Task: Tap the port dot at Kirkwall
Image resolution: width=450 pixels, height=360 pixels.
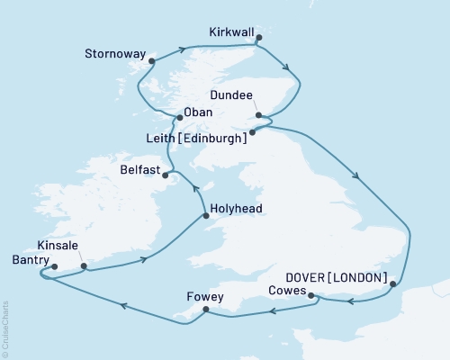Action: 258,39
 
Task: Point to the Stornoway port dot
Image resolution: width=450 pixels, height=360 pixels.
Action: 152,62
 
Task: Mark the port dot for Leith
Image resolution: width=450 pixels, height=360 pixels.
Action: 252,132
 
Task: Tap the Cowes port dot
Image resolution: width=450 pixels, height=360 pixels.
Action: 310,295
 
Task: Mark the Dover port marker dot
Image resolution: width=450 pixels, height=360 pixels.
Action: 393,284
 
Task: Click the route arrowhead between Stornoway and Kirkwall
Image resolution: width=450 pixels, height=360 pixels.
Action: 184,49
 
